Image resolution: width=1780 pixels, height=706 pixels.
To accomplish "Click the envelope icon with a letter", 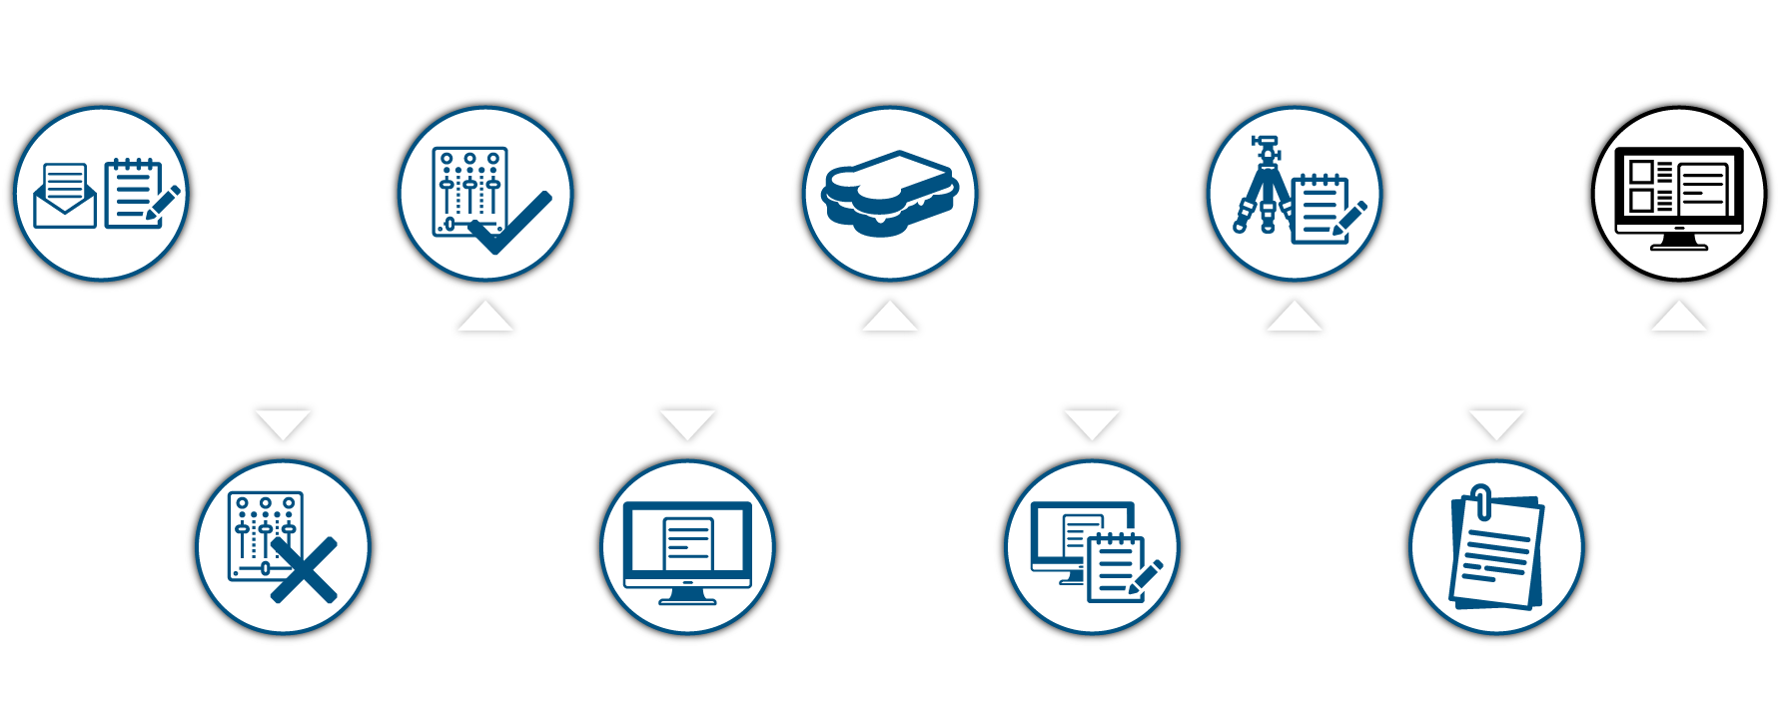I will [65, 198].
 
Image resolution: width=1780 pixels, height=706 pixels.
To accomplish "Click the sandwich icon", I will [889, 194].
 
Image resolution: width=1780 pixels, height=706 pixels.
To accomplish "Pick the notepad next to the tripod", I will [1321, 209].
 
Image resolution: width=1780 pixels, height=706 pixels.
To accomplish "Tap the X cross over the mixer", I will [304, 570].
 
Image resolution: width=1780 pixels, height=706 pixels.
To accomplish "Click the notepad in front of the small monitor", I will [1117, 566].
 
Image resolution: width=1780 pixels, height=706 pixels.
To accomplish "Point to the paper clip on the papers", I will [1482, 501].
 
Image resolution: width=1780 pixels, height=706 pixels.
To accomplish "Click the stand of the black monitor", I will [1678, 242].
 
